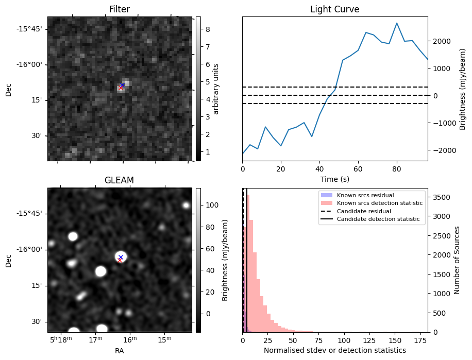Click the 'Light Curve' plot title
[x=334, y=9]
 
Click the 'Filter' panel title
[x=120, y=9]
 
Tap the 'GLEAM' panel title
[x=120, y=180]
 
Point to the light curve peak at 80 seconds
[x=397, y=23]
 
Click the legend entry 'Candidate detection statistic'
[x=378, y=219]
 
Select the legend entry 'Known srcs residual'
[x=365, y=195]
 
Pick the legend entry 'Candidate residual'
[x=364, y=211]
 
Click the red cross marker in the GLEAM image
[x=120, y=260]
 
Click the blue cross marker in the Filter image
[x=122, y=85]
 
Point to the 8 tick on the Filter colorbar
[x=205, y=29]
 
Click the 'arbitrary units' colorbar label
[x=216, y=89]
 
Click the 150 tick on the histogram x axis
[x=395, y=340]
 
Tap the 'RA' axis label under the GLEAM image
[x=120, y=351]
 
